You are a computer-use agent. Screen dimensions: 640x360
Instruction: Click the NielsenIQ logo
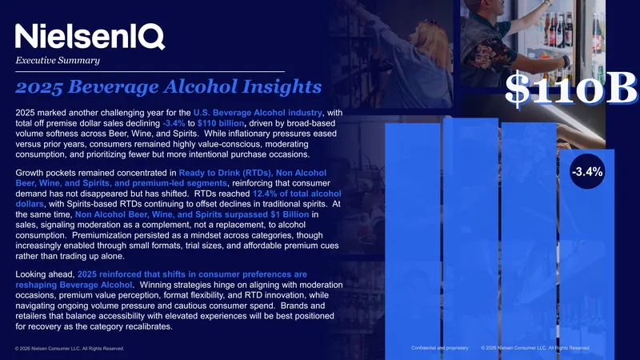tap(90, 36)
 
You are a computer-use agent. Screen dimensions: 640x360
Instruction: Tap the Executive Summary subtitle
tap(58, 61)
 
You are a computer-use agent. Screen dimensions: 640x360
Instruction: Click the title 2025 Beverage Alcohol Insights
tap(169, 86)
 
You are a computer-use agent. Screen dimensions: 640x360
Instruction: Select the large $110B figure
tap(571, 88)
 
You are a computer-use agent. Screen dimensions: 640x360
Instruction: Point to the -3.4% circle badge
tap(587, 172)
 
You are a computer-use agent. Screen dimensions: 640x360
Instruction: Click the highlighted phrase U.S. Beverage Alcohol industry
tap(258, 113)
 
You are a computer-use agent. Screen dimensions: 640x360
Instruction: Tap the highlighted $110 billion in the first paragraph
tap(221, 123)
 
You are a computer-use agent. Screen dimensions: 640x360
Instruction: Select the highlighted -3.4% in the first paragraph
tap(174, 123)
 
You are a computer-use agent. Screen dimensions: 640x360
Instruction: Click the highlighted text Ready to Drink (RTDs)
tap(225, 173)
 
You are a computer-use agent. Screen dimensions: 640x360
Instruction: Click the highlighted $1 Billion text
tap(290, 214)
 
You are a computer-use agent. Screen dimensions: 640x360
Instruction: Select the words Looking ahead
tap(45, 274)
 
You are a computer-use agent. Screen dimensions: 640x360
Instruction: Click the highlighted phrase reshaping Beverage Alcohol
tap(74, 285)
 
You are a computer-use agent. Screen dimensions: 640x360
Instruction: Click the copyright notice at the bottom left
tap(70, 349)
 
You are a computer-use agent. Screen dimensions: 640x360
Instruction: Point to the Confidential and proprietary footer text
tap(440, 348)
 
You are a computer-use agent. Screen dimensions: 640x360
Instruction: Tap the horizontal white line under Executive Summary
tap(150, 72)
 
